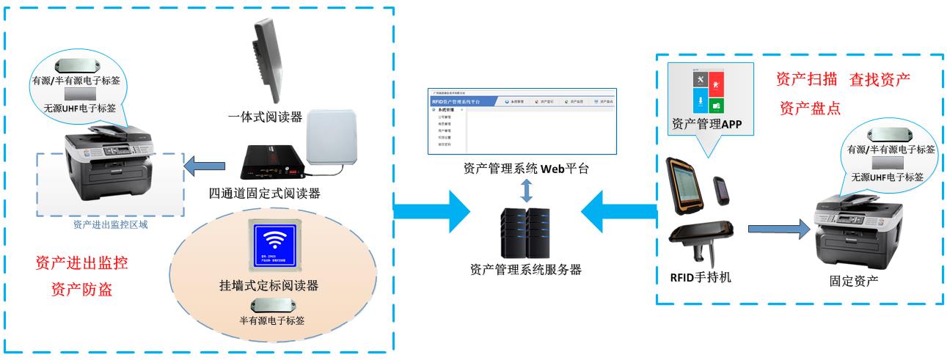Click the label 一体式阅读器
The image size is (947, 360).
point(264,116)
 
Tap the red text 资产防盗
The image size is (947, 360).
point(81,289)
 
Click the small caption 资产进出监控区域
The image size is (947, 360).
point(111,224)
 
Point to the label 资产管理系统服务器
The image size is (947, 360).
point(525,269)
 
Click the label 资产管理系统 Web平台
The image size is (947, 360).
point(525,169)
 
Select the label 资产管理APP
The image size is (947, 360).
point(707,124)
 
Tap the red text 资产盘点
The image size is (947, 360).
point(809,108)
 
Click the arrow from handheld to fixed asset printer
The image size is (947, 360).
point(778,229)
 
